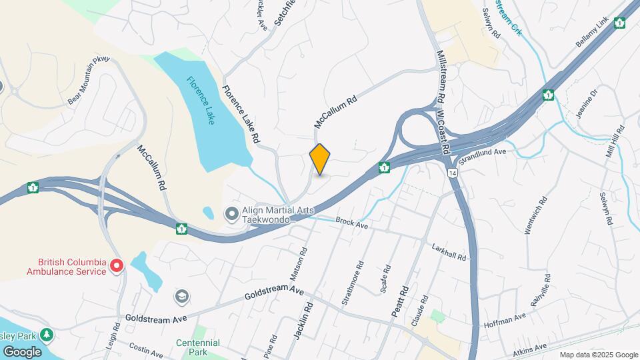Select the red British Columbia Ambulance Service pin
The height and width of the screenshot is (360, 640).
(116, 267)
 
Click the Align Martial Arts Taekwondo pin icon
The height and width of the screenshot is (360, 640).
(232, 214)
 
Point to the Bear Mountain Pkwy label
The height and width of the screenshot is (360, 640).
(88, 80)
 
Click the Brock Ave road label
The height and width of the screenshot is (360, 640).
(352, 223)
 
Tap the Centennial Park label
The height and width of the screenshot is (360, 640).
(198, 347)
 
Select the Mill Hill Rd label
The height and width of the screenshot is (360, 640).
(614, 141)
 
